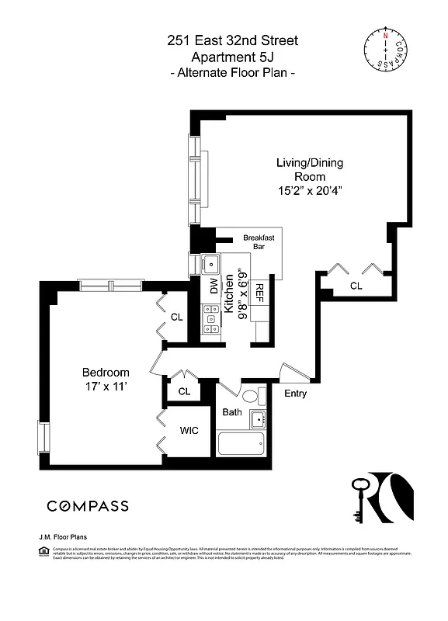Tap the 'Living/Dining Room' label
click(x=310, y=170)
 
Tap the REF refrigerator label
click(x=260, y=292)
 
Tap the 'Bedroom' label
click(x=106, y=372)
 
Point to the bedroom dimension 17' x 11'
click(x=106, y=387)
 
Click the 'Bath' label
click(x=233, y=412)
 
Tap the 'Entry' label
click(x=295, y=394)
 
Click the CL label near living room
click(x=356, y=286)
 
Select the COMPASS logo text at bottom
click(x=88, y=506)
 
